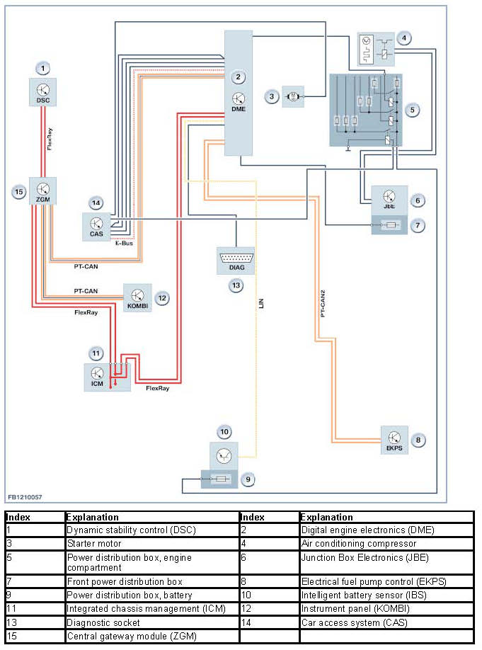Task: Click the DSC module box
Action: pos(43,92)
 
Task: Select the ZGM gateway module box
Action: pos(42,190)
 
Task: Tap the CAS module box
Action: pos(96,226)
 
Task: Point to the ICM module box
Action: pos(97,376)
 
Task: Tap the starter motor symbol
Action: pos(292,96)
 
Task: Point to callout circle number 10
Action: pos(224,431)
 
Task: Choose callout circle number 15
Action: pos(18,191)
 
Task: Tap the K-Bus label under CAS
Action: pos(124,243)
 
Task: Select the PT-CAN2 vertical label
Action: pos(322,302)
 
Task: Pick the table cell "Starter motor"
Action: pos(93,544)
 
